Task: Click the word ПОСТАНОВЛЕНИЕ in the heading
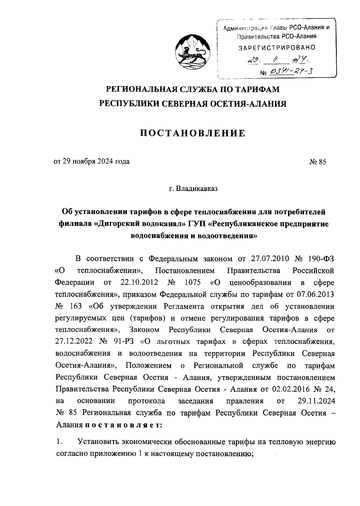pos(193,133)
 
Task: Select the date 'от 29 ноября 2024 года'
pos(91,162)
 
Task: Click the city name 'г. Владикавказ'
pos(193,189)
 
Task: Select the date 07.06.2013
pos(315,295)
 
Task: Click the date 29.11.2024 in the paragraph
pos(316,401)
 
